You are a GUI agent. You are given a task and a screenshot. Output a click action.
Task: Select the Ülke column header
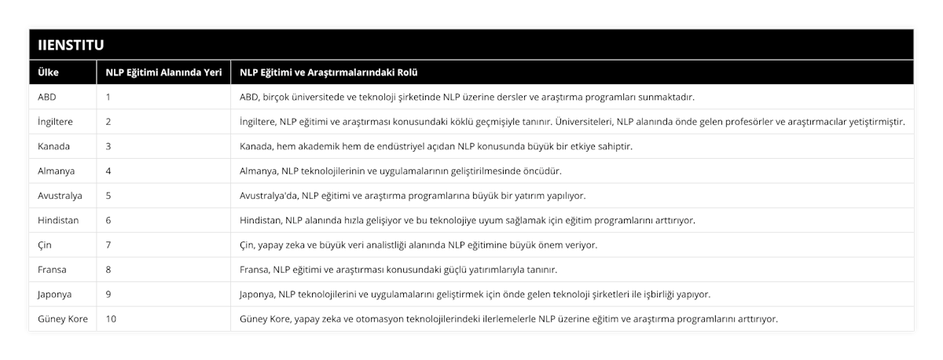coord(48,72)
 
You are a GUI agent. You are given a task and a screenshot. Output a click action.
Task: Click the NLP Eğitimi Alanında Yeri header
coord(163,72)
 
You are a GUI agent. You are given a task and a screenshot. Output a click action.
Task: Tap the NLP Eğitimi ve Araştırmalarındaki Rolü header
coord(328,72)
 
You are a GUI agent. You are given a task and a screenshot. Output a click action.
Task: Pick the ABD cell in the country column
coord(47,97)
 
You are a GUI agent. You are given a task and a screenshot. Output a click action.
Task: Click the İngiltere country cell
coord(56,122)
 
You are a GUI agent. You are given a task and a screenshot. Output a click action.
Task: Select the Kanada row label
coord(53,146)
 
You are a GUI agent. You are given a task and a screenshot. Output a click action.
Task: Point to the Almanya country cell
coord(56,171)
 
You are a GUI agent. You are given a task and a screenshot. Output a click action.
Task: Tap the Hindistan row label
coord(58,220)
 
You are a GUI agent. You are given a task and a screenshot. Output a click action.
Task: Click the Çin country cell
coord(45,245)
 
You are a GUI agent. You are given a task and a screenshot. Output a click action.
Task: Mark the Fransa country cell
coord(52,270)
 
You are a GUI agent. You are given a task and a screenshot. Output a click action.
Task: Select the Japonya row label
coord(54,294)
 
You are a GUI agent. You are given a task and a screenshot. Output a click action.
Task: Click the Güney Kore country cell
coord(62,319)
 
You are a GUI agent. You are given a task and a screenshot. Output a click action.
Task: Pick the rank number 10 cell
coord(111,319)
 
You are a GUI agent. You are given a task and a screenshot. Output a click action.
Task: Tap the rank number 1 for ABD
coord(108,97)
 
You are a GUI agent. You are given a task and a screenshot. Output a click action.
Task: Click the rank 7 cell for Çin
coord(108,245)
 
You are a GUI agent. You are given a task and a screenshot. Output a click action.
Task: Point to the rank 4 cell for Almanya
coord(108,171)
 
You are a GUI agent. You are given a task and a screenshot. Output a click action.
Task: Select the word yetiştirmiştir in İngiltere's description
coord(875,122)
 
